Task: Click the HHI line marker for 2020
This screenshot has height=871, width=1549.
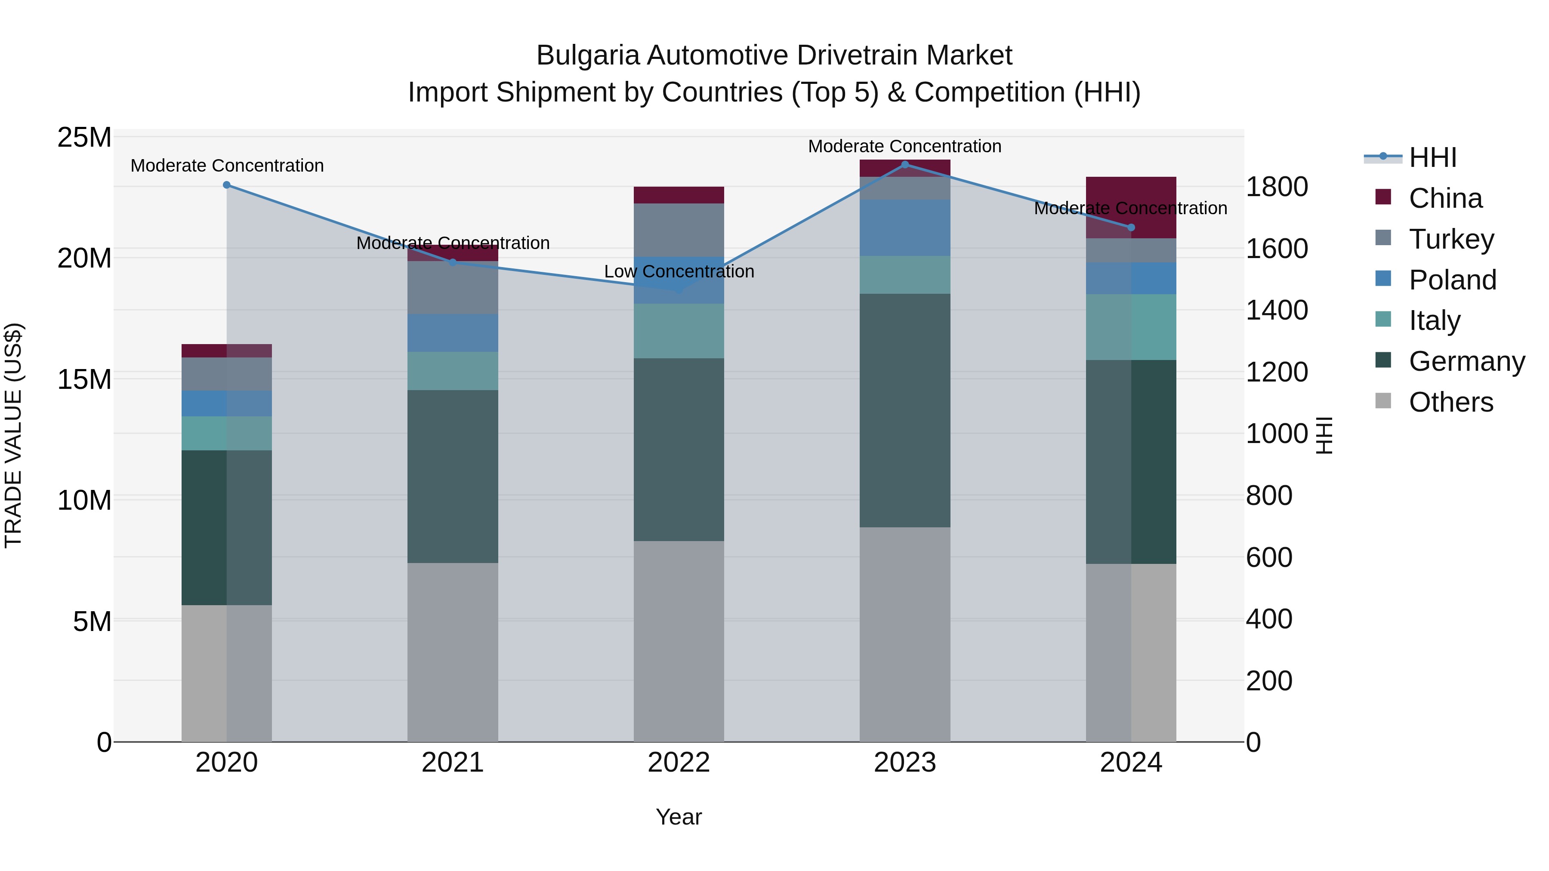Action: (227, 185)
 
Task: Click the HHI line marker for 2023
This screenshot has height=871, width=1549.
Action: (905, 165)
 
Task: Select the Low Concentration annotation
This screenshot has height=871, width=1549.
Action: (679, 272)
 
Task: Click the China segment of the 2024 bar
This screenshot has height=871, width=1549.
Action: (1131, 207)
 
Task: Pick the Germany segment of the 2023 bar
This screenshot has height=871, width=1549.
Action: (905, 411)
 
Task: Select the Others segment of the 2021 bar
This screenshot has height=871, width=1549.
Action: (453, 652)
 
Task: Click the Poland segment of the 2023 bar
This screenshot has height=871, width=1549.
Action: (905, 228)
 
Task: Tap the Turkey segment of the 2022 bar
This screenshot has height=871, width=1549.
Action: (679, 230)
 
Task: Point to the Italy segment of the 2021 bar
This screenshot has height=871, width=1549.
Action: (453, 371)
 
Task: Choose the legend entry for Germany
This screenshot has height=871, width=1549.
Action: (1466, 361)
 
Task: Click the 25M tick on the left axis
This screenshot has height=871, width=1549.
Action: (84, 138)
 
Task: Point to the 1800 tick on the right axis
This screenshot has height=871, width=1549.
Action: (1277, 187)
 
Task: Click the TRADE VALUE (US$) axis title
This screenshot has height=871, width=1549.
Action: (13, 435)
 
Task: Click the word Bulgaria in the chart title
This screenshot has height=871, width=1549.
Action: (587, 55)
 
